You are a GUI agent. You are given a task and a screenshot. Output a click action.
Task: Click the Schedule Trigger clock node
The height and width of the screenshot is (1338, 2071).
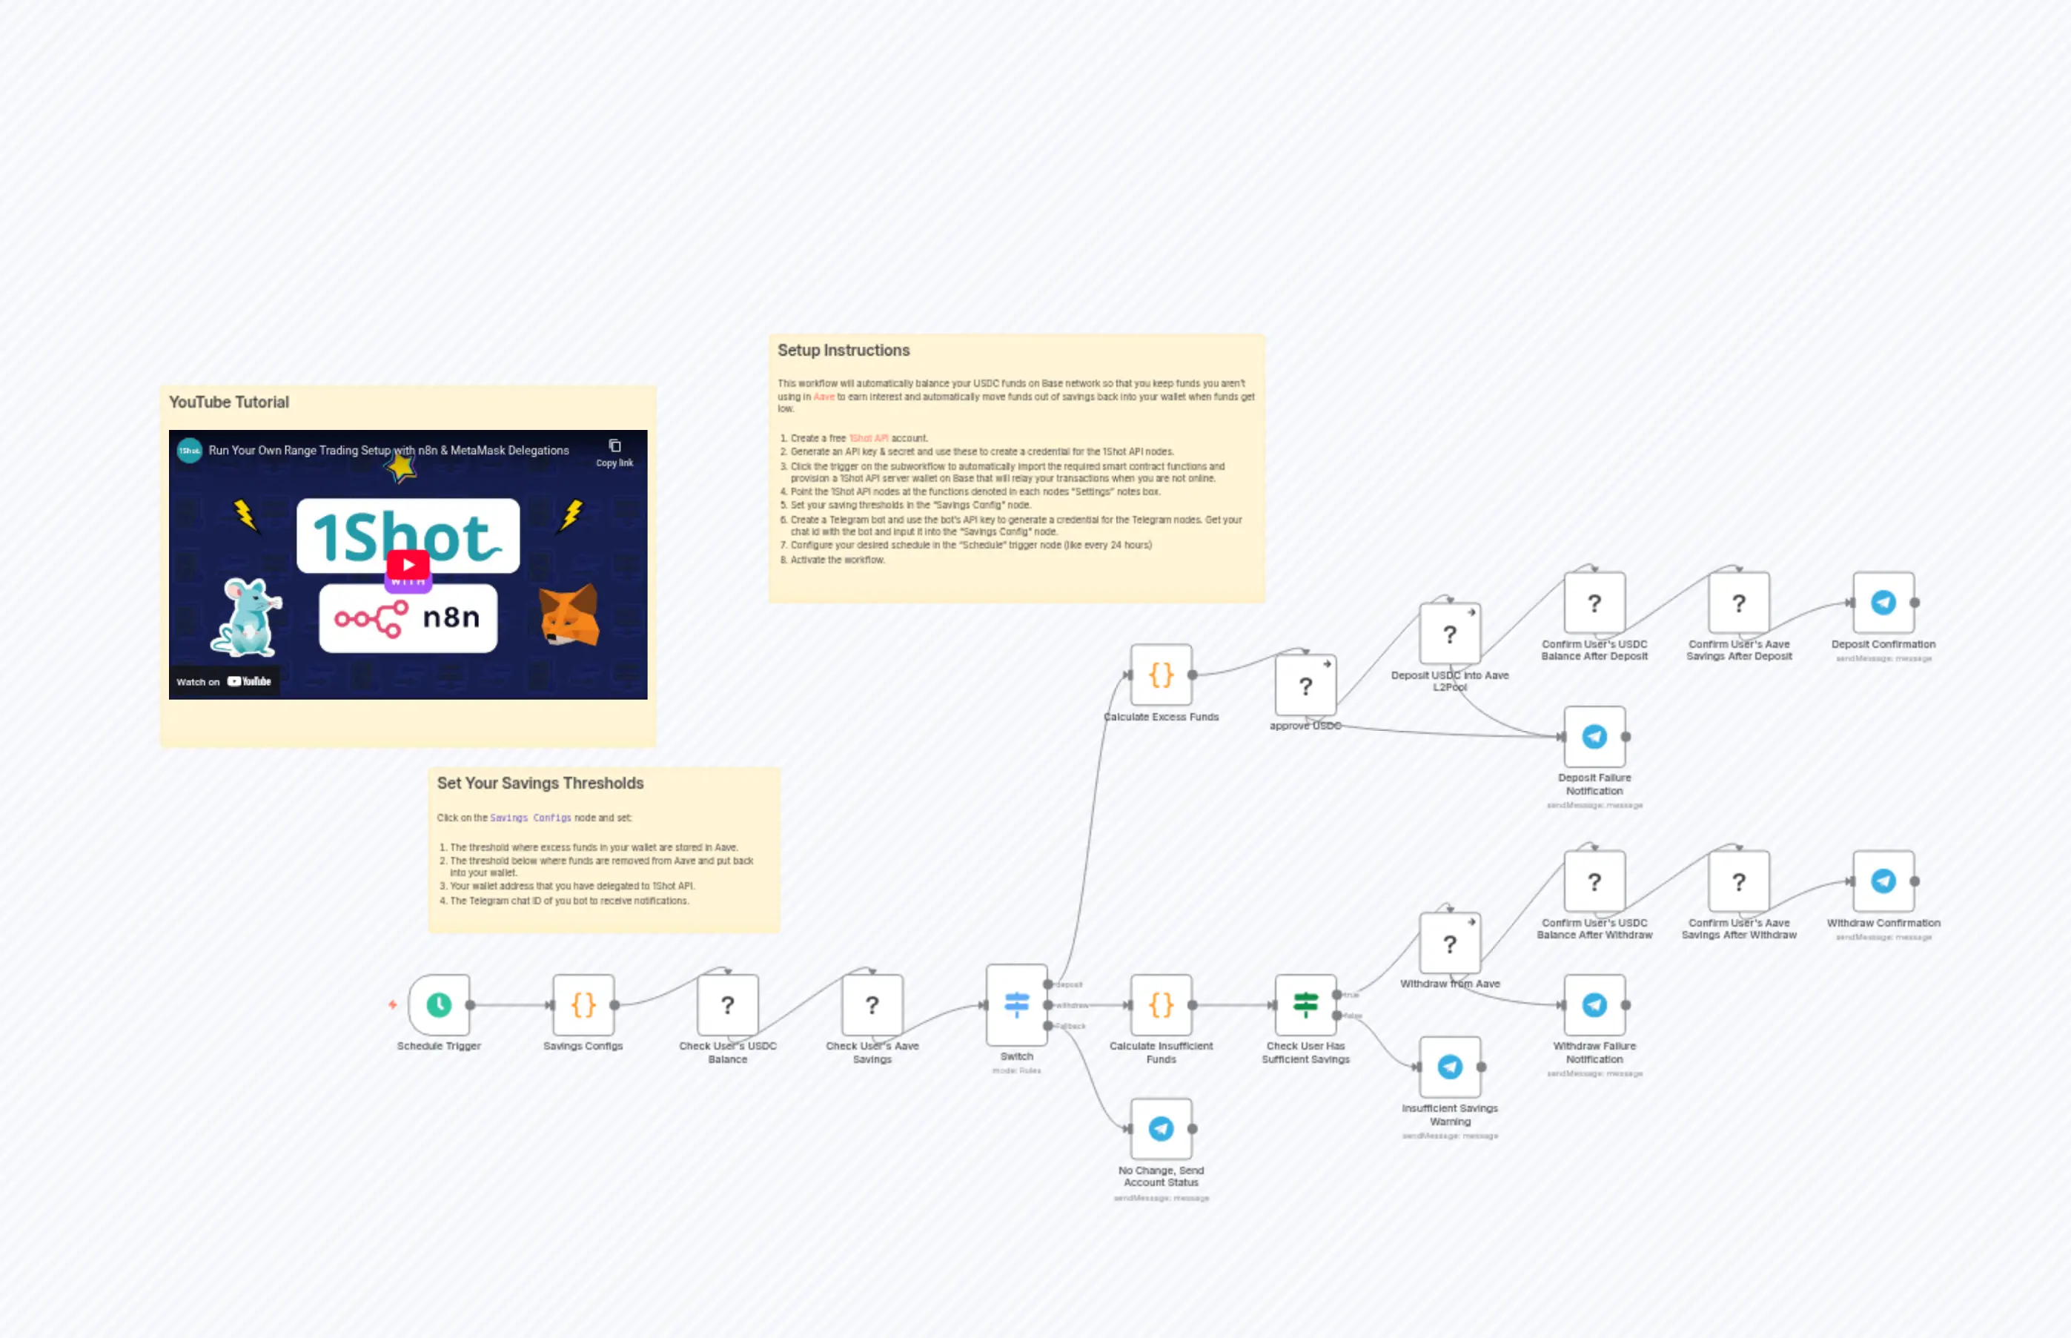click(439, 1004)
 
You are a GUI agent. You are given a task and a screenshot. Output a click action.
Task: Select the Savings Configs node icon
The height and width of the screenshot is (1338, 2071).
click(583, 1004)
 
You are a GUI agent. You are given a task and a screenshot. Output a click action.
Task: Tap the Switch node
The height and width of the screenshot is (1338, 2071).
click(1016, 1004)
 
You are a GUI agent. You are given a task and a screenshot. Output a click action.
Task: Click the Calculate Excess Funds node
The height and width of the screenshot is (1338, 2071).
click(1161, 675)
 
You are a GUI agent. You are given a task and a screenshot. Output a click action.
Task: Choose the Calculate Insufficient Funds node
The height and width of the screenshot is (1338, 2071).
click(1161, 1004)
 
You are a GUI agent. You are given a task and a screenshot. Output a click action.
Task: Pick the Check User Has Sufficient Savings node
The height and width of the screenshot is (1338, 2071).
click(1305, 1004)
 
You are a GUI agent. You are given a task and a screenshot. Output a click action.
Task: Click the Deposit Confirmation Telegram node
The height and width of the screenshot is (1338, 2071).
click(1883, 602)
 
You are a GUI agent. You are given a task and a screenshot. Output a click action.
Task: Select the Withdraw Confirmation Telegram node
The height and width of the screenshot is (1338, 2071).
click(1883, 881)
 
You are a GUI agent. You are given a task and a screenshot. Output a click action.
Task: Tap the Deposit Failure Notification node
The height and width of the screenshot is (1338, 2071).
click(1594, 736)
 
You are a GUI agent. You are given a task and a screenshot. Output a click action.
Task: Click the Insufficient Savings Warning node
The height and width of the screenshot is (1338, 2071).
click(1449, 1066)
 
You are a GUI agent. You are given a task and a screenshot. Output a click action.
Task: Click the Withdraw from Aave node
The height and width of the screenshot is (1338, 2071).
click(1449, 944)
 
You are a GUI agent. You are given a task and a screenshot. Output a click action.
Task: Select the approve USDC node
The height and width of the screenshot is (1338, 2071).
click(1305, 686)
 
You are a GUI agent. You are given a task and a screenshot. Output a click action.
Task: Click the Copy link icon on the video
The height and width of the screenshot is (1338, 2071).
click(614, 446)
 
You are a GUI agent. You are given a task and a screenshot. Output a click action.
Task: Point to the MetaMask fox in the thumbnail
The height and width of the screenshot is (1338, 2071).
click(569, 615)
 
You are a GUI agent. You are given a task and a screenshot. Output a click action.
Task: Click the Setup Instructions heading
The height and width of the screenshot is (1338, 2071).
click(843, 350)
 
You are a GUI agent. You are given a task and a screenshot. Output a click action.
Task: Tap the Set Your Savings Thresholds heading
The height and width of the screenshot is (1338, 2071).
click(540, 783)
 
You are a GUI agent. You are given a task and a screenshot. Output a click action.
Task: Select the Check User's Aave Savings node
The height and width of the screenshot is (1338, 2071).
click(871, 1004)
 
